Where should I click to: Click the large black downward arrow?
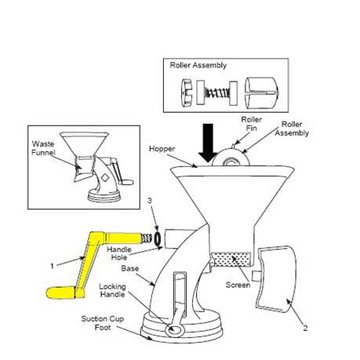[208, 143]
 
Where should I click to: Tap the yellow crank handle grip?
[60, 293]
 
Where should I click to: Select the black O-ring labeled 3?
[158, 238]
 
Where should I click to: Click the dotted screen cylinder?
[231, 260]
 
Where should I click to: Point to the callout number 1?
[52, 266]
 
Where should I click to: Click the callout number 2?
[305, 328]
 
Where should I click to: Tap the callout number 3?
[150, 201]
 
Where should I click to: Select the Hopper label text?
[162, 149]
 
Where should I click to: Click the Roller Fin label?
[251, 124]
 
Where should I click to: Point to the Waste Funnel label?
[43, 148]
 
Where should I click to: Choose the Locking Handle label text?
[112, 290]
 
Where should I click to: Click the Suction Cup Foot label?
[102, 323]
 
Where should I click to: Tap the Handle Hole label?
[119, 253]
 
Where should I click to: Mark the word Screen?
[238, 285]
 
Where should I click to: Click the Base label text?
[130, 268]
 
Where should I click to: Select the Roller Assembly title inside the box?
[198, 65]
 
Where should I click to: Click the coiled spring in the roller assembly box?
[217, 93]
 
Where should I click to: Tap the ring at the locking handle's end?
[173, 330]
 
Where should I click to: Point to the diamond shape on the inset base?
[105, 177]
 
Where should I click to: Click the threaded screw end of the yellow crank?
[147, 238]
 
